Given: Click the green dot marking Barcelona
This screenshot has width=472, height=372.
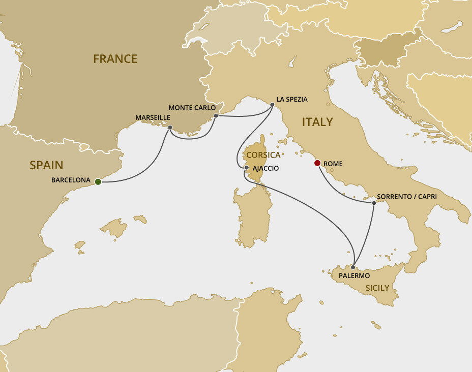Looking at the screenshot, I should [98, 181].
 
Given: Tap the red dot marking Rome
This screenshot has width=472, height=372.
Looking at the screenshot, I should [317, 163].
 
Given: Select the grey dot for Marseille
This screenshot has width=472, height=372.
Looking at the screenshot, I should [170, 128].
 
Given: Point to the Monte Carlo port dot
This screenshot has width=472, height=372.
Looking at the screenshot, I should [216, 116].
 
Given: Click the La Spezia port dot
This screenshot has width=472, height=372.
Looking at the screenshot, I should [272, 105].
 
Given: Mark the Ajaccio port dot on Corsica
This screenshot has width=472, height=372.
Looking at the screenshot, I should [247, 167].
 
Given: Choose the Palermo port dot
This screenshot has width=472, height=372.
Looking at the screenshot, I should [353, 267].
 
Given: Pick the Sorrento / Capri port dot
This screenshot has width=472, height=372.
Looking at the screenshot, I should [374, 203].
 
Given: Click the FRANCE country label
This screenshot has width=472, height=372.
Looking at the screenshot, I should [115, 59].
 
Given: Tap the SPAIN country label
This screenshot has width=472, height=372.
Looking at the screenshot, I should [46, 165].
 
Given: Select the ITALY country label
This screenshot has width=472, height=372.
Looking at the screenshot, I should [317, 122].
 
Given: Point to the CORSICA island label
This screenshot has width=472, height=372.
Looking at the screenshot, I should [263, 155].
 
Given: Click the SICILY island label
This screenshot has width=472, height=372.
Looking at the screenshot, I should [377, 288].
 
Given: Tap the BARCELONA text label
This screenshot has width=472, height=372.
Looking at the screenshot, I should [71, 180].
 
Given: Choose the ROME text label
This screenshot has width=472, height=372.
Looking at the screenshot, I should [333, 164].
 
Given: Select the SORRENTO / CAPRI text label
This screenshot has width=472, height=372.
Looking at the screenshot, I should [407, 197].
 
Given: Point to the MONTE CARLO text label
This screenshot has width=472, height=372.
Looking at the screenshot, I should [192, 108].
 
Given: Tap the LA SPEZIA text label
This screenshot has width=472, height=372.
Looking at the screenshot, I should [292, 99].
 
